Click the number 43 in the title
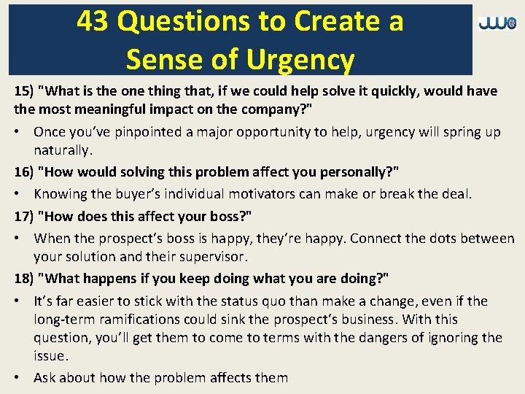93,22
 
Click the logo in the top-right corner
497,24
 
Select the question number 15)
24,91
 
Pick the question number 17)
24,216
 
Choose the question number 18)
24,279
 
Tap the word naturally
63,151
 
